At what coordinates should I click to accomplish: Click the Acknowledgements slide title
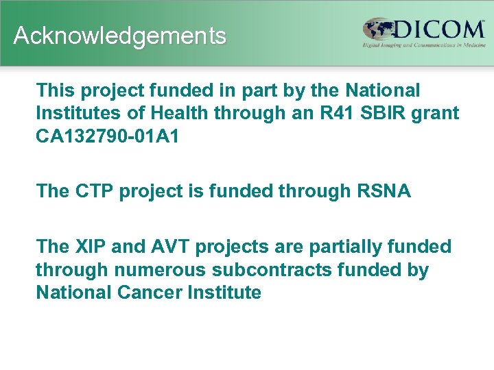[x=119, y=36]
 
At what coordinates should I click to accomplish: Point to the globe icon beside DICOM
[x=379, y=30]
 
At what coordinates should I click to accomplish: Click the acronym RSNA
[x=384, y=190]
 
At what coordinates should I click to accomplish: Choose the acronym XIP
[x=94, y=247]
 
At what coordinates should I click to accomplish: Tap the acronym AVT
[x=165, y=247]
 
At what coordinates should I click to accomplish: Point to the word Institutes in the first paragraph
[x=76, y=112]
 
